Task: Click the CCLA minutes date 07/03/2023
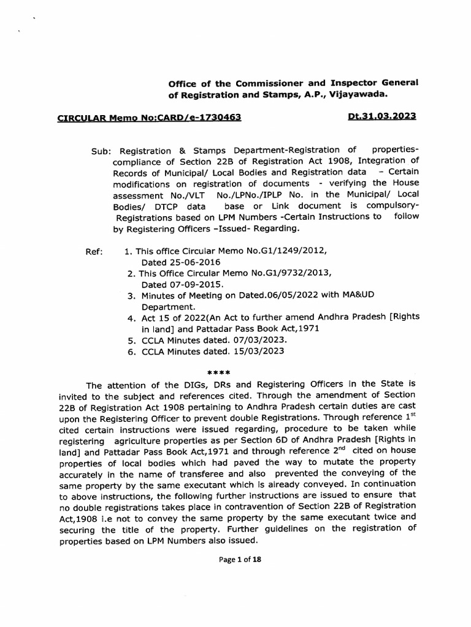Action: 255,340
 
